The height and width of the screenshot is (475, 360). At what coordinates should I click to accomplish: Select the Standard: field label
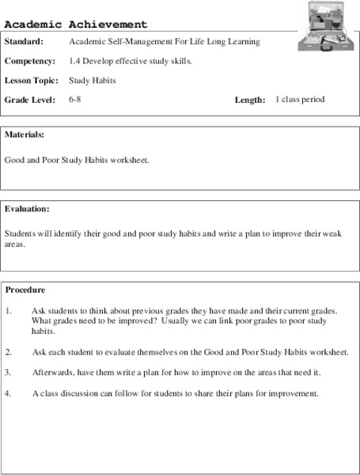pyautogui.click(x=24, y=41)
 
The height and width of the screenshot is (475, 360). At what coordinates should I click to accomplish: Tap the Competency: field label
pyautogui.click(x=30, y=60)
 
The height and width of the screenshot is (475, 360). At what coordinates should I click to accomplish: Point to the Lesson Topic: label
pyautogui.click(x=31, y=80)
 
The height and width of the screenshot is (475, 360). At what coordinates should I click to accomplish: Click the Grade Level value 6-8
pyautogui.click(x=75, y=100)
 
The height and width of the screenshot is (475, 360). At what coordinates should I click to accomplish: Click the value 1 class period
pyautogui.click(x=300, y=100)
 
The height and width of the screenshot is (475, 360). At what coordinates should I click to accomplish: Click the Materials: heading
pyautogui.click(x=24, y=135)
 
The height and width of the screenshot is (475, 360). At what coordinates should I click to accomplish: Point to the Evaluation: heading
pyautogui.click(x=27, y=209)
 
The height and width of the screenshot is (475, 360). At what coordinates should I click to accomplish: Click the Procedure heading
pyautogui.click(x=25, y=290)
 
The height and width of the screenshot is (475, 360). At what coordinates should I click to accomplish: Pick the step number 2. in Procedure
pyautogui.click(x=9, y=351)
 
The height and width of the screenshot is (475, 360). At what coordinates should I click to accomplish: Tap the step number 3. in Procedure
pyautogui.click(x=9, y=372)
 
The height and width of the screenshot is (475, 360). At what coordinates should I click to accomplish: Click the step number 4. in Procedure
pyautogui.click(x=9, y=393)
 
